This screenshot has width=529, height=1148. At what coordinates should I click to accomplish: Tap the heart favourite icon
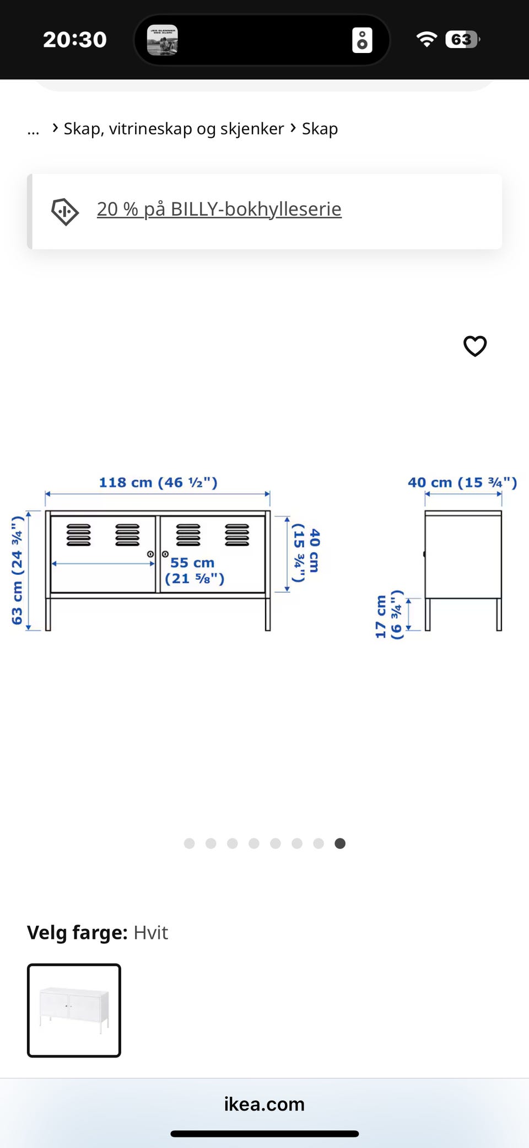click(475, 346)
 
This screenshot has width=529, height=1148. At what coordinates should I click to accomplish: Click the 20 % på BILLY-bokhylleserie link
click(219, 209)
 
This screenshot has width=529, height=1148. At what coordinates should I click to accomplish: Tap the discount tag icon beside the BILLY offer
click(65, 212)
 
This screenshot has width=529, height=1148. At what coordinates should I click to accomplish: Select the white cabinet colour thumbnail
click(74, 1010)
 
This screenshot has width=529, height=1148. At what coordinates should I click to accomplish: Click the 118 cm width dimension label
click(158, 482)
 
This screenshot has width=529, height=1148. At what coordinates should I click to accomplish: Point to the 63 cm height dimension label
click(17, 570)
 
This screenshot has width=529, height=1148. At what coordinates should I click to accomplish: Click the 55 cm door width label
click(195, 570)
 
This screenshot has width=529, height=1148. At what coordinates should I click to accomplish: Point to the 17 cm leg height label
click(389, 615)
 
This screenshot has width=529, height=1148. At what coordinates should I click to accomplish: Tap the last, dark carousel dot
click(340, 843)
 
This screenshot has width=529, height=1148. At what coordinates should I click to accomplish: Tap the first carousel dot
click(189, 843)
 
